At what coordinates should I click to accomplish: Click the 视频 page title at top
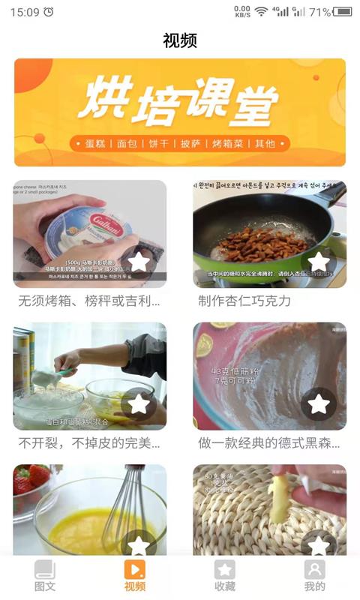point(180,40)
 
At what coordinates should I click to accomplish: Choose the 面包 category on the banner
point(129,143)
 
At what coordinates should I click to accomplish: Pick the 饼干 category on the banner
point(160,143)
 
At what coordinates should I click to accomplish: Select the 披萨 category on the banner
point(191,143)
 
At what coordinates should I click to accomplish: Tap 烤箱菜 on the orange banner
point(228,143)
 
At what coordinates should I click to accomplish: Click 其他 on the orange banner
point(265,143)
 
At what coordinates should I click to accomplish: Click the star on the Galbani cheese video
point(139,262)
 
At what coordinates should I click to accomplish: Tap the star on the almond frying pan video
point(319,262)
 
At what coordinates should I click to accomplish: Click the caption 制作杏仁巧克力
point(244,301)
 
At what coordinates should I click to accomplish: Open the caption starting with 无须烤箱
point(89,301)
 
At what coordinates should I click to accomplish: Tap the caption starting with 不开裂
point(89,443)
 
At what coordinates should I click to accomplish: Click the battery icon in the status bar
point(343,12)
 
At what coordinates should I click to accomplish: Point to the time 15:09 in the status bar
point(25,12)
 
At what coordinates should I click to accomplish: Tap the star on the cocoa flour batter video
point(319,404)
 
